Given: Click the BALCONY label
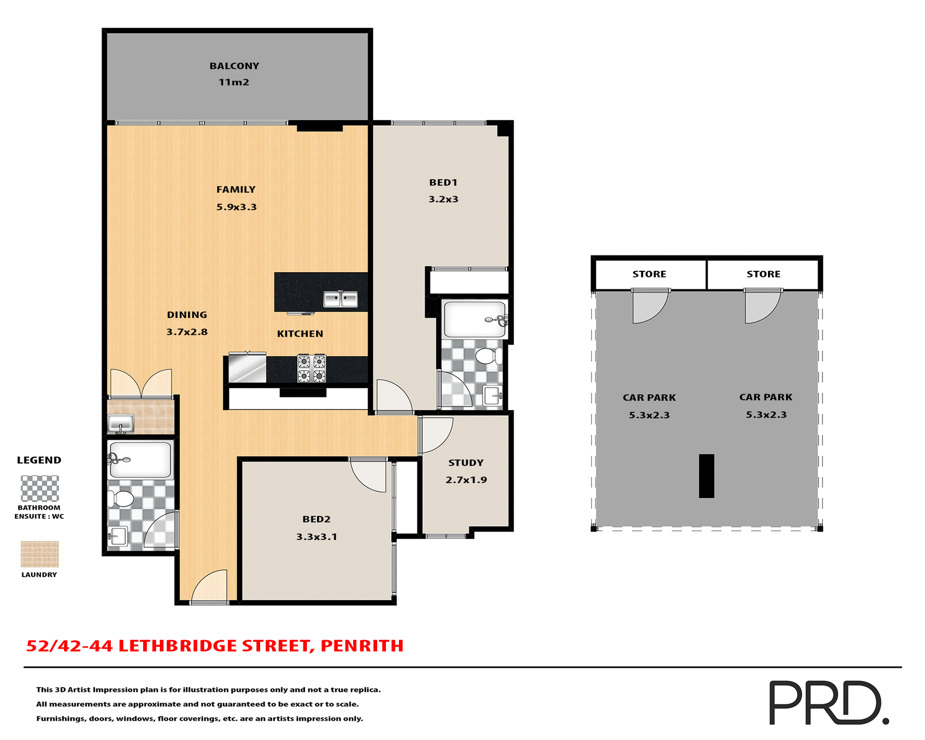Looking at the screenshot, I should [234, 66].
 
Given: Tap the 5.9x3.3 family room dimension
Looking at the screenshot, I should [236, 207].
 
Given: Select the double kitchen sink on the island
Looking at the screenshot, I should [340, 299].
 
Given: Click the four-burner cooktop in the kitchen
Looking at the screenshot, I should [311, 369].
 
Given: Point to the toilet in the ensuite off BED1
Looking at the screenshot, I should [488, 357].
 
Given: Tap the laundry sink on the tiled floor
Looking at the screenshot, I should [120, 424].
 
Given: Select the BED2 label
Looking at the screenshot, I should [316, 519].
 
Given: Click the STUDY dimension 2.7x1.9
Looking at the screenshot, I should [466, 480].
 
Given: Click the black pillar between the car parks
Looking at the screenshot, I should [706, 476].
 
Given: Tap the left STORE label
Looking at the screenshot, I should [649, 274].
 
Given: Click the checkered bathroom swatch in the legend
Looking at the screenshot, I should [40, 489].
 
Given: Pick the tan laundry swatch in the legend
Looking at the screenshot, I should [40, 554].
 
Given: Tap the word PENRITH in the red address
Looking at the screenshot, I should [362, 646].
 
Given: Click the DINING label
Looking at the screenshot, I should [187, 315].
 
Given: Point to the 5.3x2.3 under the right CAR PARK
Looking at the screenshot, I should [766, 415].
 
